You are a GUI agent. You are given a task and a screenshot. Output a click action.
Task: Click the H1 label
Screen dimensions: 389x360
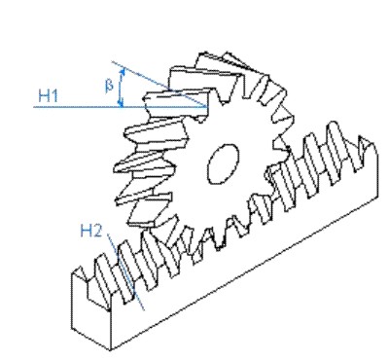tap(48, 95)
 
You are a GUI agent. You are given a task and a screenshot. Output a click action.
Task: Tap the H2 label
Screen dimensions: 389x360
tap(90, 231)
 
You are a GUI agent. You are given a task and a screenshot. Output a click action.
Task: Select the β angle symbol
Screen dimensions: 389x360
tap(110, 86)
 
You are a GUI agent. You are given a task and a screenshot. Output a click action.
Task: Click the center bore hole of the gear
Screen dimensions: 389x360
tap(223, 163)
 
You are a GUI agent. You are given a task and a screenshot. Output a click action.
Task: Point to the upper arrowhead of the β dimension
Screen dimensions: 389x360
tap(123, 72)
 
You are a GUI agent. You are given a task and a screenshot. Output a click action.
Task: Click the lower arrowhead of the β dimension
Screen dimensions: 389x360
tap(121, 102)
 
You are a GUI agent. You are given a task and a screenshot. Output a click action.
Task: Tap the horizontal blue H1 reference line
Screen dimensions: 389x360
tap(121, 106)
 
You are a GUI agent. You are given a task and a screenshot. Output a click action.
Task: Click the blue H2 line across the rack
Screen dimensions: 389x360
tap(126, 271)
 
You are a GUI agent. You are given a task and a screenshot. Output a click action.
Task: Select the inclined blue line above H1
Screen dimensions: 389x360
tap(159, 84)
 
